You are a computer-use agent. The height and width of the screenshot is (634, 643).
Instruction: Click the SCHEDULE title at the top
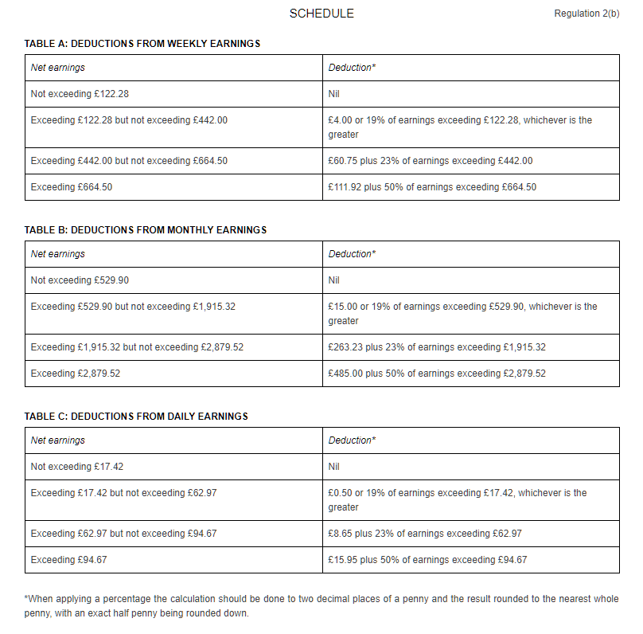(321, 14)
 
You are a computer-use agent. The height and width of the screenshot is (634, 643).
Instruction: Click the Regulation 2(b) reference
(586, 14)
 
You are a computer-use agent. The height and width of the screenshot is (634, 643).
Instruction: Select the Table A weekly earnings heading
(142, 44)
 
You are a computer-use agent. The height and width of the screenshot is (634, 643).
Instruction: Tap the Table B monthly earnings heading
(146, 230)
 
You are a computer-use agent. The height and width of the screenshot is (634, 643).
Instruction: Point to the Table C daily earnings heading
(136, 417)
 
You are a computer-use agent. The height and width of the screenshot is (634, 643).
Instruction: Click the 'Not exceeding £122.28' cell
(80, 94)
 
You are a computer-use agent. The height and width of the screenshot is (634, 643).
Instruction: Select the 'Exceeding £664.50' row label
(69, 187)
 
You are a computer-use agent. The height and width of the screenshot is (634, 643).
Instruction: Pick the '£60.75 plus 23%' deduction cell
(431, 161)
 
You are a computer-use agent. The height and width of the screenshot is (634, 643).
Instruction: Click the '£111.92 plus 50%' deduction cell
(432, 187)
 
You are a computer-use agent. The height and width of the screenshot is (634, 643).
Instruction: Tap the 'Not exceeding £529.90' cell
(80, 280)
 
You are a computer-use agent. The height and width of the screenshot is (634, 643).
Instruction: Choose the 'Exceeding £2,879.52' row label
(76, 374)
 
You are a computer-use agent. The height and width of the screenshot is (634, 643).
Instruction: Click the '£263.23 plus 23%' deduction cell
(437, 347)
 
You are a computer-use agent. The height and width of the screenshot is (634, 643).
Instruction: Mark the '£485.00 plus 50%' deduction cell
(437, 374)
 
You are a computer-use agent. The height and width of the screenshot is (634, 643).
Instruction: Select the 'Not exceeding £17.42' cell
(76, 467)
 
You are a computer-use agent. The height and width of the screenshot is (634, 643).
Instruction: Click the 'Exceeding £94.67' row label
(68, 560)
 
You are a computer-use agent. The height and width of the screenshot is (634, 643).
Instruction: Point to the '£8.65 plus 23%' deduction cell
(425, 534)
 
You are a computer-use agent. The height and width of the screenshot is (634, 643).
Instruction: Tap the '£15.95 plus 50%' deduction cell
(427, 560)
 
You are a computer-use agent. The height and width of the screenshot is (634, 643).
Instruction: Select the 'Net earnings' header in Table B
(57, 254)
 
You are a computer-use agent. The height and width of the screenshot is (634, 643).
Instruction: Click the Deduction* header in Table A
(352, 68)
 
